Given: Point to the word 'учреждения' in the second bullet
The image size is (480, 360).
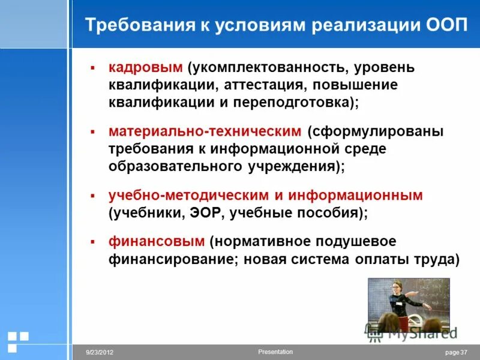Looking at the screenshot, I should tap(296, 166).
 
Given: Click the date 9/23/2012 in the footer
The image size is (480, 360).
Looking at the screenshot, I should tap(100, 353).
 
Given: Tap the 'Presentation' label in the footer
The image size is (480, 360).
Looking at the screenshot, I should tap(275, 352).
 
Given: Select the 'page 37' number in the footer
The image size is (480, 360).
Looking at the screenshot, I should tap(456, 353).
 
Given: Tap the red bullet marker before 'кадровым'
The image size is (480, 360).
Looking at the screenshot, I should tap(92, 68).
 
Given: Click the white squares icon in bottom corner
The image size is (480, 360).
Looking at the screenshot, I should tap(17, 340).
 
